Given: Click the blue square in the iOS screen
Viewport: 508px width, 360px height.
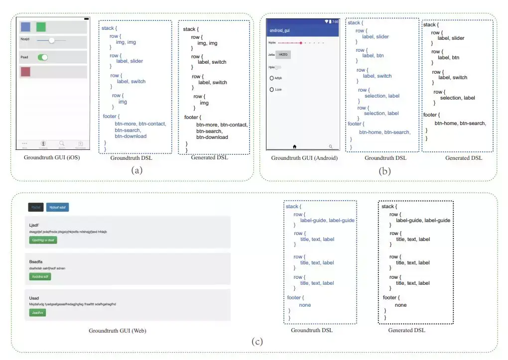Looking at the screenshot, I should pos(25,27).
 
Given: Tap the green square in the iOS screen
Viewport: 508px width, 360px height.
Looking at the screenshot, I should pos(41,27).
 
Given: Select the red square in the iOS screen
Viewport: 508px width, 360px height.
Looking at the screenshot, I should pos(25,72).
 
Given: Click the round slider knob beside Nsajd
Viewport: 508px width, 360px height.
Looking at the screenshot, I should pos(51,40).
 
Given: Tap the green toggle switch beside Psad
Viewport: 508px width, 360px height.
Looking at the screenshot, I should pos(43,57).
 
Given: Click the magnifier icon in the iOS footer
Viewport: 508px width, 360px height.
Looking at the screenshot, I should pos(62,143).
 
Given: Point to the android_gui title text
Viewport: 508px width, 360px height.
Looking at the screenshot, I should pos(279,30).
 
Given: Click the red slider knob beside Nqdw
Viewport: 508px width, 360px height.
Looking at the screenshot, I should pos(301,43).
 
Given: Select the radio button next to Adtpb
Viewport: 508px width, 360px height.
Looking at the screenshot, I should pos(272,78).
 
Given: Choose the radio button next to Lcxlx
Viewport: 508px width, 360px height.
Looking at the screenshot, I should pos(272,90).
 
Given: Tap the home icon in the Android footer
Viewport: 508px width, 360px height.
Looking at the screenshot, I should pos(294,146).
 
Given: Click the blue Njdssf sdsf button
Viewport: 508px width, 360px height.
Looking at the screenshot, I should pos(57,207).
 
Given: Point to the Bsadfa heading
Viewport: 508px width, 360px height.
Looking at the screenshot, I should pos(36,261).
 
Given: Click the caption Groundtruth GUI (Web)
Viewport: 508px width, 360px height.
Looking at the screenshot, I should pos(118,331).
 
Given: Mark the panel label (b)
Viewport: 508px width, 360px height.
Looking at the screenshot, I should pos(384,171).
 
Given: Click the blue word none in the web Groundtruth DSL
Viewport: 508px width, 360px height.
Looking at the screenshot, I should pos(305,305).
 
